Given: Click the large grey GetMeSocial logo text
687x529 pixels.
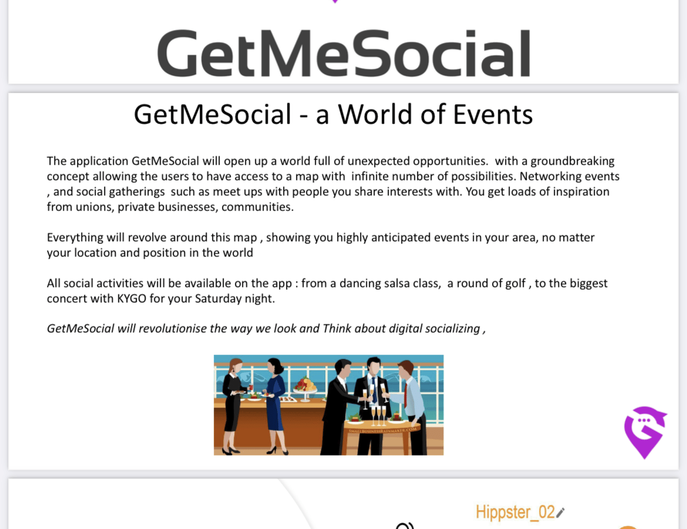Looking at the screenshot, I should click(343, 53).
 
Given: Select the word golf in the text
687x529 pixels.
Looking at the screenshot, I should click(515, 283).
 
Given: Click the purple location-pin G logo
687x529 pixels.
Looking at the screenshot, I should click(645, 431).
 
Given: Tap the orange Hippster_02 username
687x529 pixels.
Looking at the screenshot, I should click(515, 513).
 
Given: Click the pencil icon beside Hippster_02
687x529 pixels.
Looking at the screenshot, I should click(561, 513).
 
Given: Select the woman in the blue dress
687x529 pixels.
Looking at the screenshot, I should click(275, 406).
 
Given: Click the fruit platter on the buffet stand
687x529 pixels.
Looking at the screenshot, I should click(305, 384).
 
